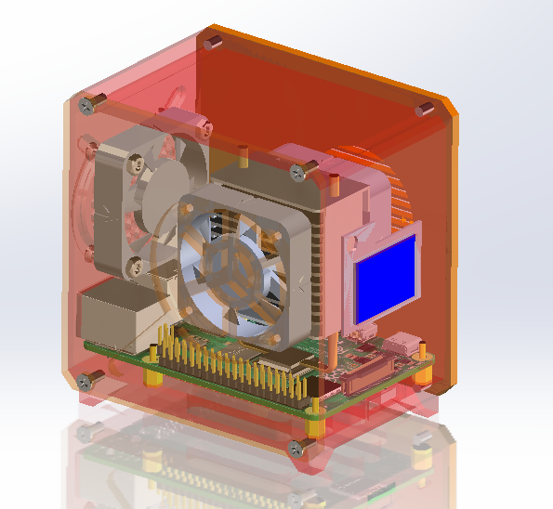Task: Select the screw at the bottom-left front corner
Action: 91,379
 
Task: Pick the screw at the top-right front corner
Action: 299,171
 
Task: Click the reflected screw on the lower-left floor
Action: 91,432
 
